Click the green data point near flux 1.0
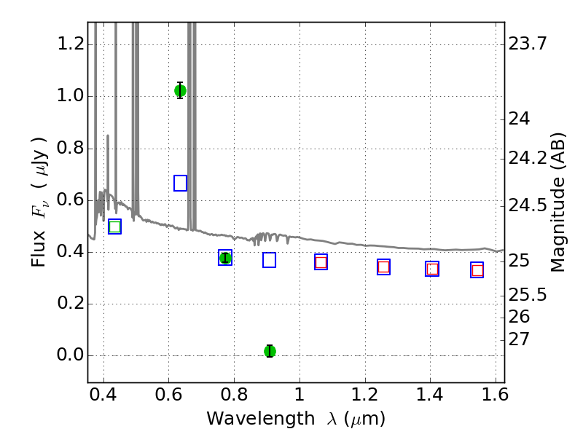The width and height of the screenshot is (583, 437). pyautogui.click(x=180, y=90)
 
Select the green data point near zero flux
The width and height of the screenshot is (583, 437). pyautogui.click(x=270, y=351)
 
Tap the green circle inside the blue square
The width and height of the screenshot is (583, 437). pyautogui.click(x=225, y=258)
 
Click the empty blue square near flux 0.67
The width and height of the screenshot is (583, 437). pyautogui.click(x=180, y=184)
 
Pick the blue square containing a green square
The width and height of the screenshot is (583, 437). pyautogui.click(x=114, y=227)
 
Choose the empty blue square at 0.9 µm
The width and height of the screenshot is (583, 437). pyautogui.click(x=269, y=260)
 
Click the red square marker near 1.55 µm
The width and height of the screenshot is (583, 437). pyautogui.click(x=477, y=270)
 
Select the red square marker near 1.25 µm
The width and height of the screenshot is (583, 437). pyautogui.click(x=384, y=267)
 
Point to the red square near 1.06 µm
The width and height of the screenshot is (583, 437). pyautogui.click(x=321, y=262)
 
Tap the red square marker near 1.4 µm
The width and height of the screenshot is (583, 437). pyautogui.click(x=432, y=269)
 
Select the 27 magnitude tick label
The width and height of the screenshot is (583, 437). pyautogui.click(x=518, y=339)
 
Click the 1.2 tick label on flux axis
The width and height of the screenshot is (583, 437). pyautogui.click(x=71, y=44)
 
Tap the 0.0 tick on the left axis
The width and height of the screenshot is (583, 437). pyautogui.click(x=71, y=355)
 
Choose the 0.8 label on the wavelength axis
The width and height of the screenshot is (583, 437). pyautogui.click(x=234, y=394)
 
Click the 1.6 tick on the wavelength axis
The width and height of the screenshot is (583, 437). pyautogui.click(x=495, y=394)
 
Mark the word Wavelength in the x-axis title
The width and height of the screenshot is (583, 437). pyautogui.click(x=261, y=419)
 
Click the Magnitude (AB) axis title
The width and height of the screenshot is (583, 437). pyautogui.click(x=557, y=202)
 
